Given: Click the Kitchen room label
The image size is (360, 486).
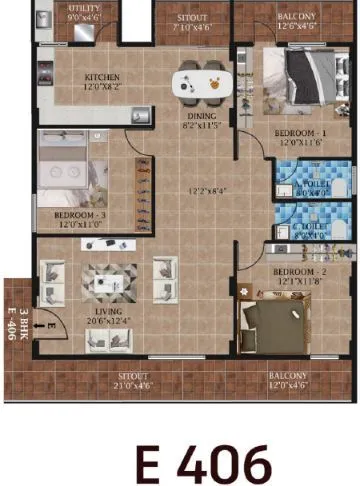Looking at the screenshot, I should click(103, 77).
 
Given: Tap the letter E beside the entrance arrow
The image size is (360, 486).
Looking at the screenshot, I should click(47, 323).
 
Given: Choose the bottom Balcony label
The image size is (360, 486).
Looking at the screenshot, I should click(288, 376).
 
